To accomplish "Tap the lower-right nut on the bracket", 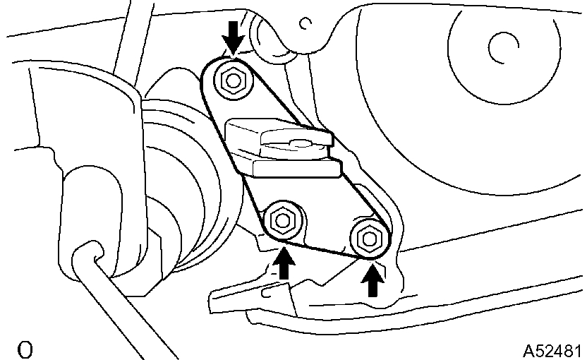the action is [368, 237].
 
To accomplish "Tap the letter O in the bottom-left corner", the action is [25, 349].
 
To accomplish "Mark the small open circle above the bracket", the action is [305, 24].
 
